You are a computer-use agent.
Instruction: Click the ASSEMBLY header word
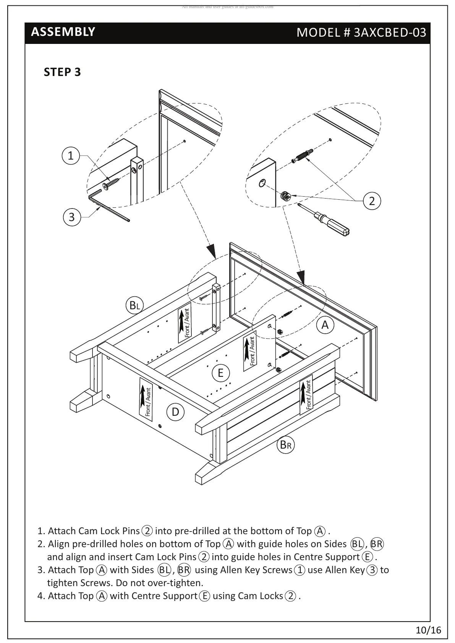63,32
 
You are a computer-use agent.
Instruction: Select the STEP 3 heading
62,72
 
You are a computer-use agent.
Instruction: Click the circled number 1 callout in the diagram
71,156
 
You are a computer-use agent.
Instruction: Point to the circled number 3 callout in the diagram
72,217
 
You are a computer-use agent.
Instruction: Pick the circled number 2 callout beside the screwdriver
372,201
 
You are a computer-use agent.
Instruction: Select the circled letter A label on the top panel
325,325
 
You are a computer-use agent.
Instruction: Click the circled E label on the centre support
220,373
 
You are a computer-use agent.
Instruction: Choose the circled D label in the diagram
175,412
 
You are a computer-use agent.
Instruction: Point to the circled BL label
134,305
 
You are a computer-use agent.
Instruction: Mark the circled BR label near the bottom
286,445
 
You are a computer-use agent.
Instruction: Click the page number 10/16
428,630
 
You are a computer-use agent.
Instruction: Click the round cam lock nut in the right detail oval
285,196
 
